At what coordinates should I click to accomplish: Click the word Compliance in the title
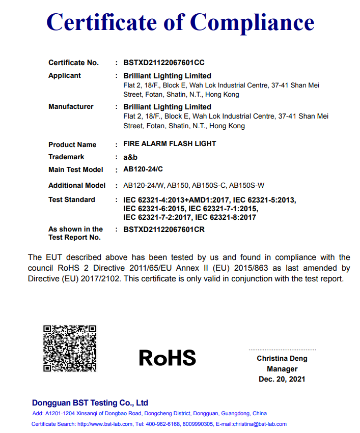point(253,22)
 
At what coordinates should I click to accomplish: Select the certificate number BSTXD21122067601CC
point(164,63)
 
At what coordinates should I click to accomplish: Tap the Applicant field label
point(65,75)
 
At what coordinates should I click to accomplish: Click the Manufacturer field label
point(71,106)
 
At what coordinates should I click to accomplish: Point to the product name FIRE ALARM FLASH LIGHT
point(170,143)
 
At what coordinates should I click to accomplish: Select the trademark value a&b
point(130,157)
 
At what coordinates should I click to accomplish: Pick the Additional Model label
point(77,185)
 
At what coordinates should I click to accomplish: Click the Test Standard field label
point(71,199)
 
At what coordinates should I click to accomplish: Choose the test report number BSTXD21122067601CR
point(164,229)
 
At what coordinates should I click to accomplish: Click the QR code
point(70,349)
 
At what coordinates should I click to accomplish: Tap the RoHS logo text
point(168,358)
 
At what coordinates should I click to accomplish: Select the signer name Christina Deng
point(282,358)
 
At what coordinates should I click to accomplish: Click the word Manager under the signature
point(282,369)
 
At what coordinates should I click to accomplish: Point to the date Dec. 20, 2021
point(282,379)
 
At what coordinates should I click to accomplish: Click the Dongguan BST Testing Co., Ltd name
point(90,402)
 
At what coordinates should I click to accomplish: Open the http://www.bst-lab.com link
point(105,424)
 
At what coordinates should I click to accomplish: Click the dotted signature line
point(282,350)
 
